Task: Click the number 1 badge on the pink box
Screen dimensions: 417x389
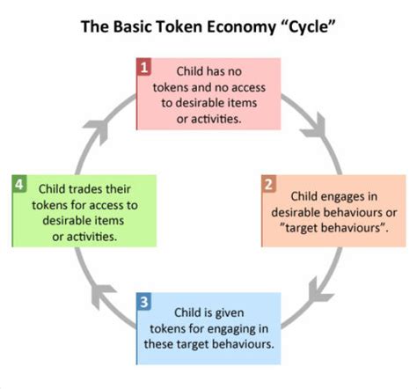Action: click(144, 67)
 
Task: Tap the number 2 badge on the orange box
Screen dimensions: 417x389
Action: click(268, 184)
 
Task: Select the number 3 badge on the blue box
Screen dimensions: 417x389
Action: click(144, 301)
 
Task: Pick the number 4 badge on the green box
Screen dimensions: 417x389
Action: click(19, 184)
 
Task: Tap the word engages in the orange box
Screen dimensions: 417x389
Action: click(344, 197)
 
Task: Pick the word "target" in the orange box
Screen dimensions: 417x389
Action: click(304, 228)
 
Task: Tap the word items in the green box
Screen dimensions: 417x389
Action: click(110, 220)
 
